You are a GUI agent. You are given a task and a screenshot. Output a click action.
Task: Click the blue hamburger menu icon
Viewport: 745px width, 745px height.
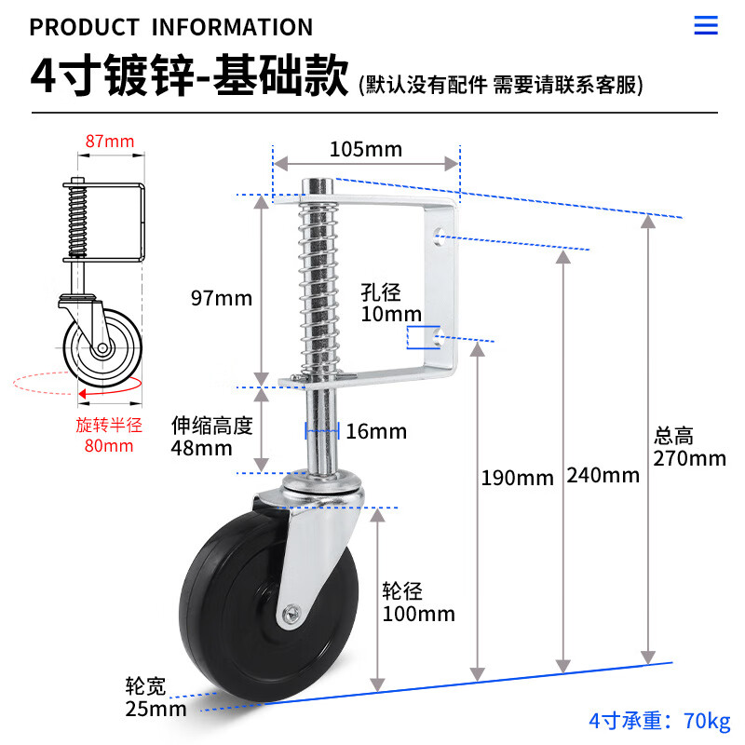pyautogui.click(x=706, y=25)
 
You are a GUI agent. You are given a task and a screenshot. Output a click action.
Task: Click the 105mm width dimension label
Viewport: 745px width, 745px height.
pyautogui.click(x=366, y=149)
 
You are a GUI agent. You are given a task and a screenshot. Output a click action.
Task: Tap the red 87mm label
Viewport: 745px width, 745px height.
pyautogui.click(x=110, y=142)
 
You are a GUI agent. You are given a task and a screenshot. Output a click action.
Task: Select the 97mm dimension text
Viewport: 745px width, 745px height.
pyautogui.click(x=222, y=298)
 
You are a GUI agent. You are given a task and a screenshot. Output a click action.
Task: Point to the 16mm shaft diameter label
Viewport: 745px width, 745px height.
pyautogui.click(x=376, y=431)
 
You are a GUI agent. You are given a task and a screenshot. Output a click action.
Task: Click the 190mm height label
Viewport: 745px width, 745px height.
pyautogui.click(x=518, y=478)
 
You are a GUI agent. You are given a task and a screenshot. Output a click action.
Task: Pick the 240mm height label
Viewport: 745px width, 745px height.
pyautogui.click(x=603, y=475)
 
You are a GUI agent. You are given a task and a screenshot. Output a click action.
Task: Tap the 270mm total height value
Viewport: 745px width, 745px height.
pyautogui.click(x=689, y=458)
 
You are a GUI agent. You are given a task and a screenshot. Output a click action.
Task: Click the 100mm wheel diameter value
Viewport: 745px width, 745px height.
pyautogui.click(x=418, y=614)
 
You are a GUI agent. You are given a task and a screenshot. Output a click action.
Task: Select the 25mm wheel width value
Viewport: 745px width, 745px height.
pyautogui.click(x=156, y=709)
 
